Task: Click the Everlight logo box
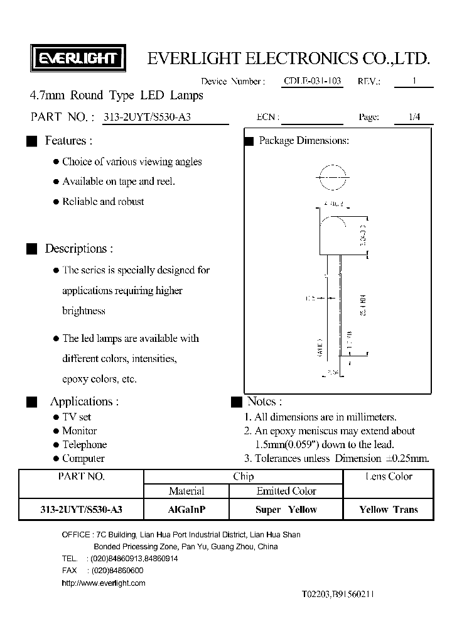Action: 78,59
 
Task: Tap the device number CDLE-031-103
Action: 312,82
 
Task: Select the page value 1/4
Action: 414,117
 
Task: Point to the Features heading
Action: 68,141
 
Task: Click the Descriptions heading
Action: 78,249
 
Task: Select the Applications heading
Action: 84,402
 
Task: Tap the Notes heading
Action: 264,402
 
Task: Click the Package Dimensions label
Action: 304,141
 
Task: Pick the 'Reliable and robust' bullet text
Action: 103,202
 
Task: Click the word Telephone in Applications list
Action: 84,445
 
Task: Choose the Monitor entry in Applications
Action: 79,431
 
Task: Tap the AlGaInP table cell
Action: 186,510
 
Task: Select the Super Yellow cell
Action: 286,510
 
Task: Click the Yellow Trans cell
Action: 388,510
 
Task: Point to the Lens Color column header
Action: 388,477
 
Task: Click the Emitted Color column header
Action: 286,491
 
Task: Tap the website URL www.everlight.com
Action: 104,583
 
